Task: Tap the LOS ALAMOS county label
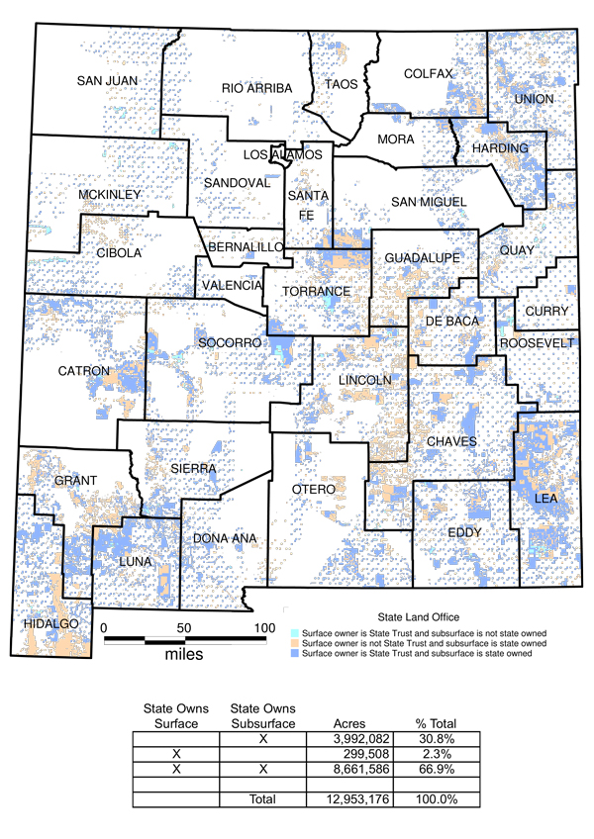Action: pyautogui.click(x=283, y=155)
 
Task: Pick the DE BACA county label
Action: pyautogui.click(x=451, y=322)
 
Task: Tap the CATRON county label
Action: pyautogui.click(x=84, y=371)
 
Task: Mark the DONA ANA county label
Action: pyautogui.click(x=225, y=538)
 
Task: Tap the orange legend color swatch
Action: pyautogui.click(x=294, y=642)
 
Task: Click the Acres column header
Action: pyautogui.click(x=352, y=722)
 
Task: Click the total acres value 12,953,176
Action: pyautogui.click(x=348, y=798)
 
